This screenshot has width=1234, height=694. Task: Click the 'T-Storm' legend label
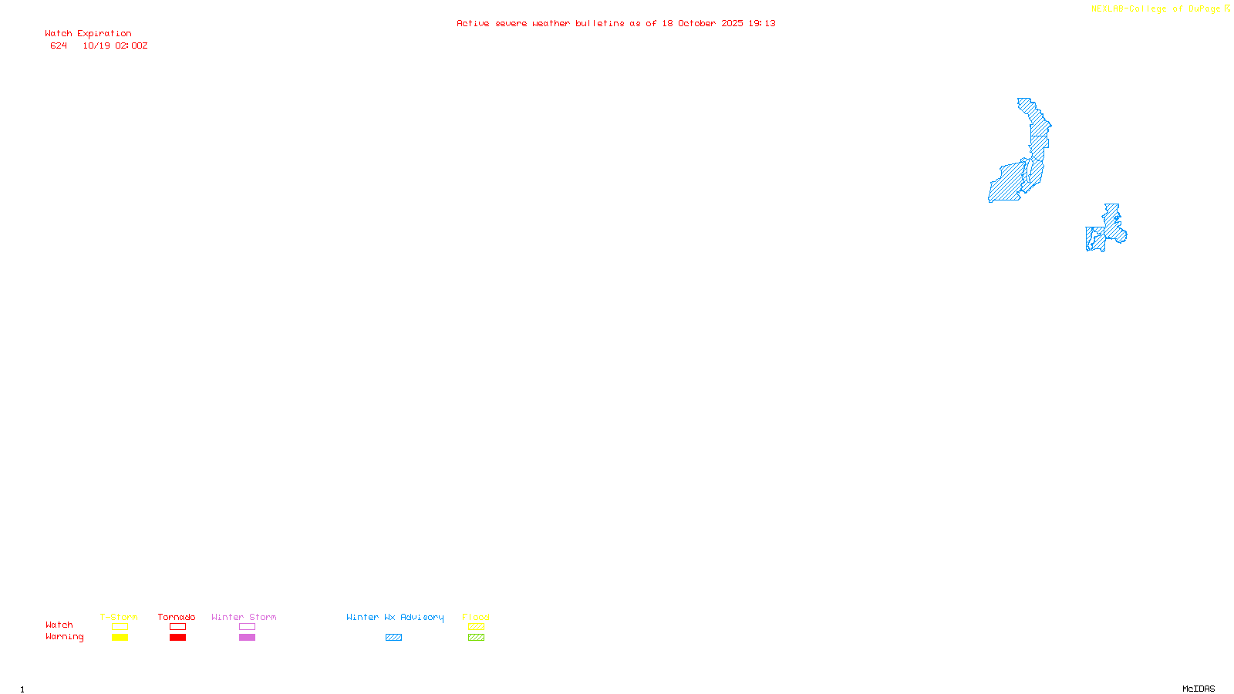point(119,617)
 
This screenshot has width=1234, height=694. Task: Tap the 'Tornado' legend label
point(177,617)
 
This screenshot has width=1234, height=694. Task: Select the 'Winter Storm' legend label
point(244,617)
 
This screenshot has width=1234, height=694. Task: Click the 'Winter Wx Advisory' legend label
point(395,617)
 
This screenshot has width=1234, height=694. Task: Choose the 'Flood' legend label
point(476,617)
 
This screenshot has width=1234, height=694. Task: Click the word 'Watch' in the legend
point(59,625)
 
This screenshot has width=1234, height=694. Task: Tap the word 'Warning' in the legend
point(64,637)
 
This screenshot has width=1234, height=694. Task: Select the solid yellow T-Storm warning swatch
point(120,638)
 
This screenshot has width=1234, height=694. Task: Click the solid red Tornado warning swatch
point(177,638)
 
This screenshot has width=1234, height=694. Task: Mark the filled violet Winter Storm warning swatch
point(247,638)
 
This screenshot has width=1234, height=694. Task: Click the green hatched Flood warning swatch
point(476,638)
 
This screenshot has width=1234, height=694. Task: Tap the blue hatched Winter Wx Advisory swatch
point(393,638)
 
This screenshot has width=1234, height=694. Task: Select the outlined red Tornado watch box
point(177,627)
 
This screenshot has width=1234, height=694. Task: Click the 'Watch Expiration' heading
point(88,34)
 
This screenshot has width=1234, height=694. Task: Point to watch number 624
point(59,45)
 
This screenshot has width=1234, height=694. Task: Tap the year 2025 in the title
point(732,23)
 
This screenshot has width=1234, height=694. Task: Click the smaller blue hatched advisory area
point(1108,229)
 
